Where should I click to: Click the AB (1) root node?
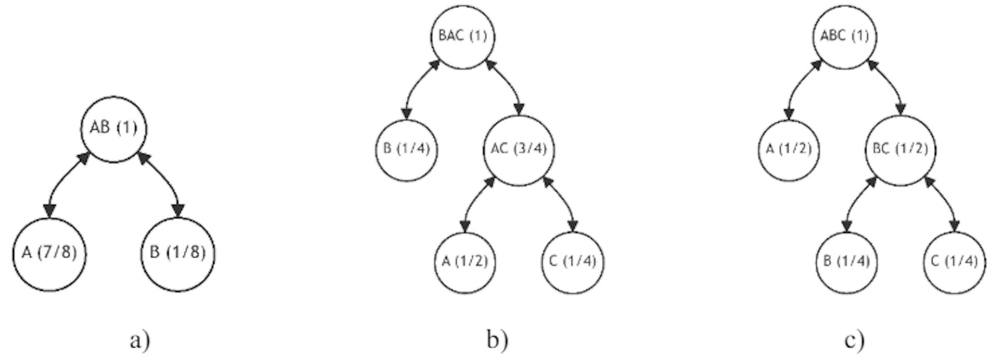point(114,129)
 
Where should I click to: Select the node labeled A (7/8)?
point(49,254)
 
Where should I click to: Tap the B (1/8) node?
point(178,254)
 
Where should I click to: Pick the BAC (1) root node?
point(463,36)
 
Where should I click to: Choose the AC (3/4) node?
point(519,149)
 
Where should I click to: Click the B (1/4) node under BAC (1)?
point(407,149)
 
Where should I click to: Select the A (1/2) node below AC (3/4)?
point(465,262)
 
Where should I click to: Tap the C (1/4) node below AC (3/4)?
point(573,262)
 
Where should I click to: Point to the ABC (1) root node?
point(845,36)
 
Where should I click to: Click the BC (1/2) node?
point(900,149)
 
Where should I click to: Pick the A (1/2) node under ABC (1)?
point(789,149)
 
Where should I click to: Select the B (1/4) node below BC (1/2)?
point(847,262)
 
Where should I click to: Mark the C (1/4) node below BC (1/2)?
point(955,262)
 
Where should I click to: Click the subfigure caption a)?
point(140,341)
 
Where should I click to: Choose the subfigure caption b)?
point(497,341)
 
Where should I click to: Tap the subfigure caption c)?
point(854,341)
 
